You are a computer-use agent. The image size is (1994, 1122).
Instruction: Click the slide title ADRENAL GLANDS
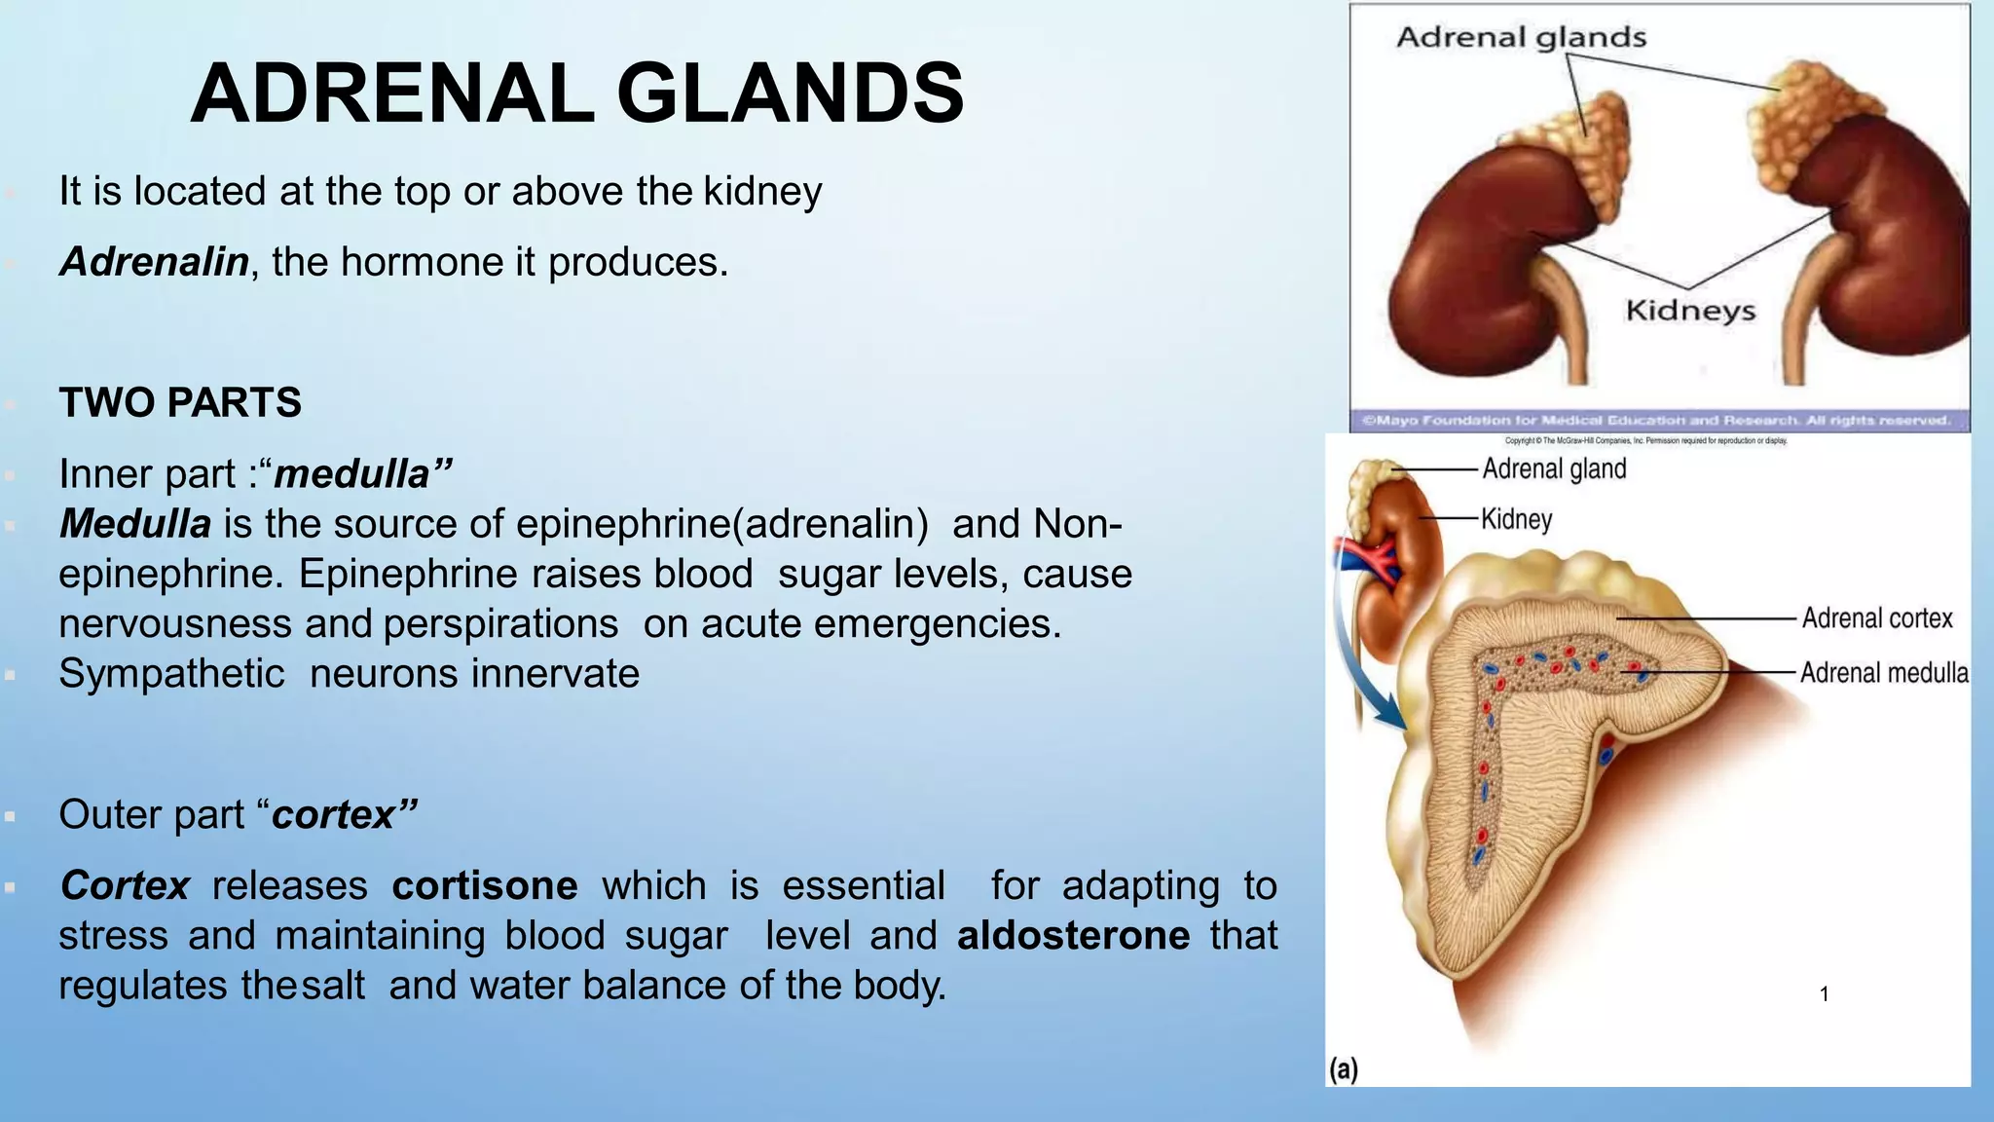coord(576,94)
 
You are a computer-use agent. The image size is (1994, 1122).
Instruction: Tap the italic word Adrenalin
coord(154,262)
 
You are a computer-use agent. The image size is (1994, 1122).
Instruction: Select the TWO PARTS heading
coord(180,402)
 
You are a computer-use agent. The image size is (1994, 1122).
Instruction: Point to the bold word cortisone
coord(485,886)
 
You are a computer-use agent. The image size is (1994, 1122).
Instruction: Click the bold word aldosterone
coord(1073,936)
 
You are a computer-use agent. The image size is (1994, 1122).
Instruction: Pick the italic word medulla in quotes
coord(352,474)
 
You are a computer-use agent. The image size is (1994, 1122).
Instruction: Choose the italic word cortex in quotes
coord(334,815)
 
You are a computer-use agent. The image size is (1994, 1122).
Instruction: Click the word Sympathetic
coord(171,674)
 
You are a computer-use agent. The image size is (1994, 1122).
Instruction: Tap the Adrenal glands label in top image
coord(1521,38)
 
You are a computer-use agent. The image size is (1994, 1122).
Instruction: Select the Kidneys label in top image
coord(1690,311)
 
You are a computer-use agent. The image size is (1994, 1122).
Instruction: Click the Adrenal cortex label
coord(1876,618)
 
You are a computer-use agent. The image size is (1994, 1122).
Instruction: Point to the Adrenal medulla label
coord(1883,673)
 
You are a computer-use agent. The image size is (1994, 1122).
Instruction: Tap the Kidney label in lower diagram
coord(1516,519)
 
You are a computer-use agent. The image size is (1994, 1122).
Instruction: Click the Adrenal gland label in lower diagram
coord(1554,469)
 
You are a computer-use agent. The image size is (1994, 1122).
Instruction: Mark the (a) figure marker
coord(1344,1069)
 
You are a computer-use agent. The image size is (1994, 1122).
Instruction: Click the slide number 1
coord(1824,994)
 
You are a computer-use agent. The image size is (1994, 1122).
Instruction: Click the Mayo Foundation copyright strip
coord(1658,421)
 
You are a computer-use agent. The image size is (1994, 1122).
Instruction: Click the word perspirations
coord(500,624)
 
